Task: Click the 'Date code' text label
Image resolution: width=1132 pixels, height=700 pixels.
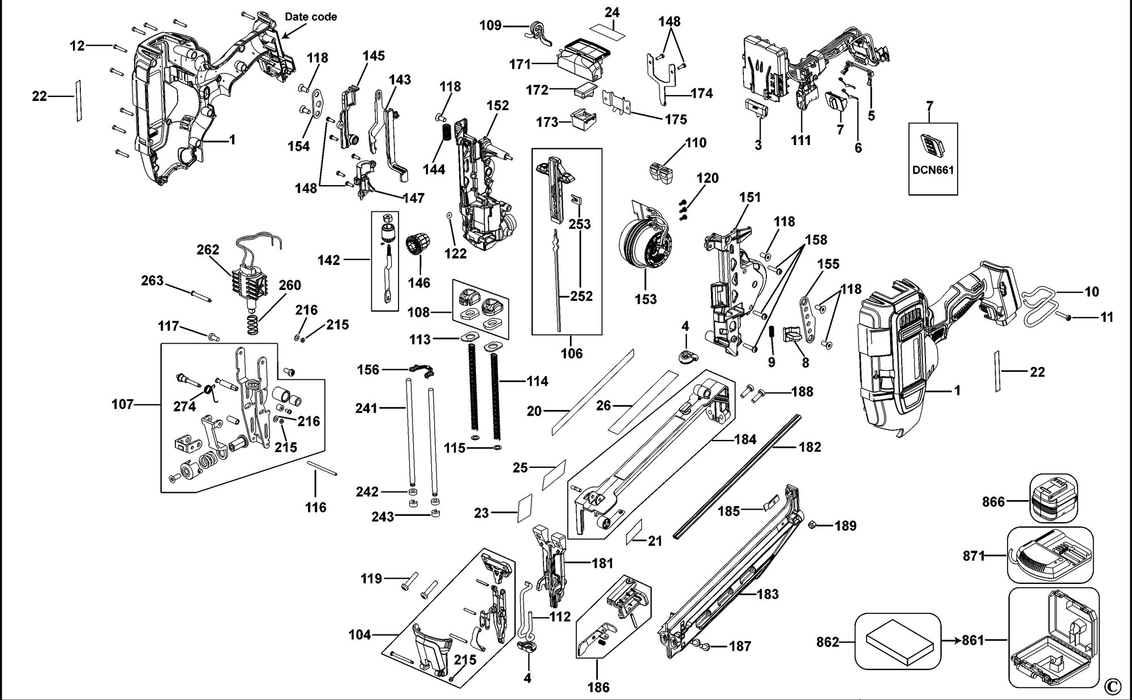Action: click(x=311, y=17)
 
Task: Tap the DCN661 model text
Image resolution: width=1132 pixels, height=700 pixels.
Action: click(x=932, y=170)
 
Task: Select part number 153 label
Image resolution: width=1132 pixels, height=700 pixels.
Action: click(x=646, y=299)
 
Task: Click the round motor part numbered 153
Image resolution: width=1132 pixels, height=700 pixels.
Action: click(x=645, y=244)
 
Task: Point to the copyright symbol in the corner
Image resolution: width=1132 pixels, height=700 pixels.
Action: click(x=1112, y=686)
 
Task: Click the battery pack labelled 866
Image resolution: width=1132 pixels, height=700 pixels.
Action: click(x=1053, y=498)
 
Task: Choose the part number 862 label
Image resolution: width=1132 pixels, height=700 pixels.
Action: click(x=827, y=642)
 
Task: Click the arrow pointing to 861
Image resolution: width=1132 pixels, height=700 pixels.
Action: click(x=952, y=641)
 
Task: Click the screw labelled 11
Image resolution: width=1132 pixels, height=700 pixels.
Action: click(x=1067, y=318)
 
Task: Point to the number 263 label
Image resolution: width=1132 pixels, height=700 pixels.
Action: click(x=152, y=281)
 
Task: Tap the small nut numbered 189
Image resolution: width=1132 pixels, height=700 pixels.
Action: click(x=811, y=524)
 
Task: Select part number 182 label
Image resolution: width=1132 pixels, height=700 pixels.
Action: click(x=809, y=447)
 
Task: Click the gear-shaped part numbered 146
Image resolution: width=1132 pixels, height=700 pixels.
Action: click(x=418, y=248)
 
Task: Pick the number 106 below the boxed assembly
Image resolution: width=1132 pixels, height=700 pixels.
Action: click(x=571, y=354)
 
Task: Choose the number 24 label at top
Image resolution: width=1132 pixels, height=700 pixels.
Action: click(x=612, y=12)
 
